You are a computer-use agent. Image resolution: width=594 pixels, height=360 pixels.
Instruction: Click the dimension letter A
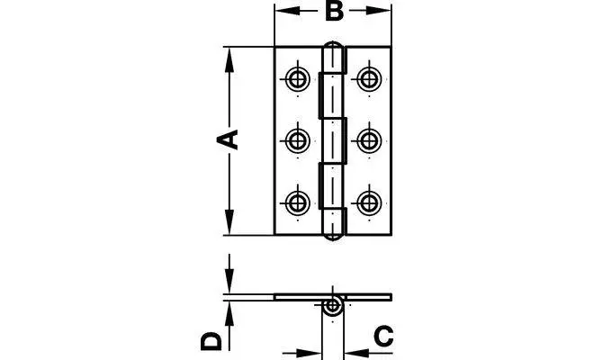229,139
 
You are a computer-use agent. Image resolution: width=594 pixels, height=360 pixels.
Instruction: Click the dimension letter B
333,12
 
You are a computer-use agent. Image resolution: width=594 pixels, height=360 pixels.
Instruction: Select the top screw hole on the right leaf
367,77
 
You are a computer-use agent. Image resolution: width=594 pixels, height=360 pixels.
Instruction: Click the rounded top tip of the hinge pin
333,46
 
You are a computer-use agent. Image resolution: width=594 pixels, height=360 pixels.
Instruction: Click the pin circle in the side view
333,305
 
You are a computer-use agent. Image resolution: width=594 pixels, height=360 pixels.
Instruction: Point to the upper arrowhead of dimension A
229,56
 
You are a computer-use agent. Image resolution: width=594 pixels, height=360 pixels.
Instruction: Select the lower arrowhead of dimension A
229,225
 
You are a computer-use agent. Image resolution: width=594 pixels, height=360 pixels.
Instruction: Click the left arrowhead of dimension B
282,12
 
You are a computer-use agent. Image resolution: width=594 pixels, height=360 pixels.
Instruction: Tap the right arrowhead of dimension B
384,12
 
